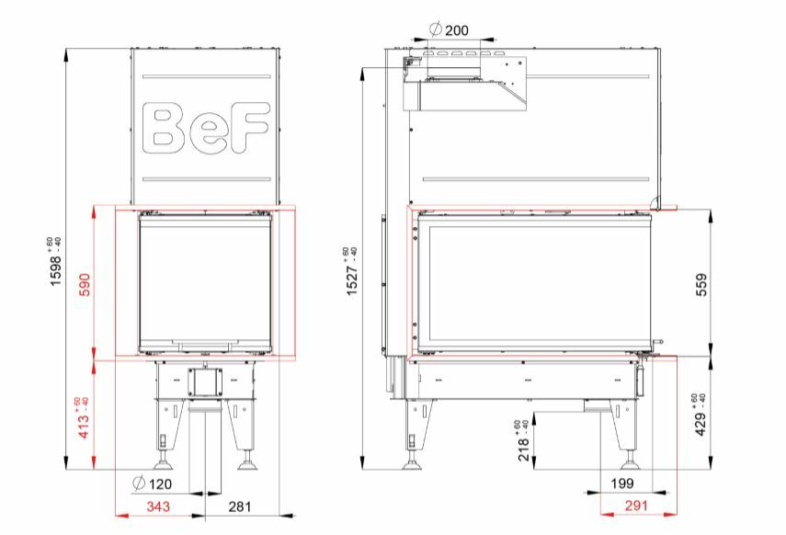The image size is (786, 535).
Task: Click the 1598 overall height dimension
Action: tap(55, 261)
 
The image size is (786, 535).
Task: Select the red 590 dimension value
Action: tap(85, 284)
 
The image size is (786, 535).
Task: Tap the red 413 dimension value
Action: tap(84, 417)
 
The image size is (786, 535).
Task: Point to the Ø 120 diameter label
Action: tap(152, 484)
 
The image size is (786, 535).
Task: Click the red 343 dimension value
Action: tap(158, 507)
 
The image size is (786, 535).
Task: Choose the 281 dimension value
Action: tap(240, 507)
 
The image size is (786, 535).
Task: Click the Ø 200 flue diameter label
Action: tap(450, 30)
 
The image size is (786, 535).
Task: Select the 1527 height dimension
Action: tap(352, 271)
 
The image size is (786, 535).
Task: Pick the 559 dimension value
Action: tap(702, 284)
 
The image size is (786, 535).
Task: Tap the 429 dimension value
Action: tap(700, 415)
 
